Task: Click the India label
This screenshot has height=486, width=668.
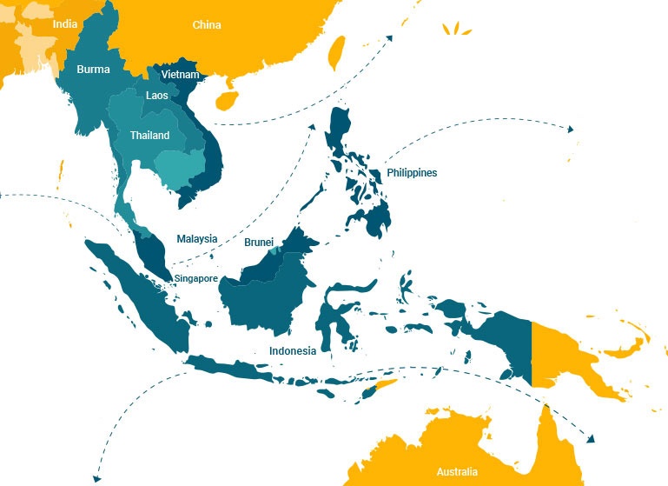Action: tap(64, 24)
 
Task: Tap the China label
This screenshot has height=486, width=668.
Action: tap(207, 25)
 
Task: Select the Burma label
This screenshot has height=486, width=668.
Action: tap(93, 69)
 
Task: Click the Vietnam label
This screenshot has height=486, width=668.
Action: tap(180, 76)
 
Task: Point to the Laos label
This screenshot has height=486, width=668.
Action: tap(157, 96)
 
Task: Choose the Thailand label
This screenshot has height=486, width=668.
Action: tap(149, 136)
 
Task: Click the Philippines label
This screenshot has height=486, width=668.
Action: tap(412, 173)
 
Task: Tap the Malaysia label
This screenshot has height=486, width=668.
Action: tap(196, 239)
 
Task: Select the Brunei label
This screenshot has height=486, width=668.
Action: tap(259, 242)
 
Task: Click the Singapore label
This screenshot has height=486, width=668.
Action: tap(195, 278)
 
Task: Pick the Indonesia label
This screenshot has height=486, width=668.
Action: tap(292, 351)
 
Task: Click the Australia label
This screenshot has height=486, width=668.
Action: tap(457, 472)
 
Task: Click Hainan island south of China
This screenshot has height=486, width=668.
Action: tap(225, 101)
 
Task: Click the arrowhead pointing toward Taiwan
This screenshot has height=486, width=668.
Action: tap(389, 37)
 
